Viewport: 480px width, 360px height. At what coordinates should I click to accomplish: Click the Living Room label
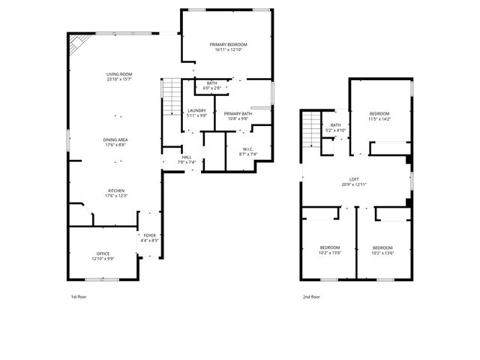118,74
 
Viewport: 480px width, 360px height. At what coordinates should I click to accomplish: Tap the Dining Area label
115,139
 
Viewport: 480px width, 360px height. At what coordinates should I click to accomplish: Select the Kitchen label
115,191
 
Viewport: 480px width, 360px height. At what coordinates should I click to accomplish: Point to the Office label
103,253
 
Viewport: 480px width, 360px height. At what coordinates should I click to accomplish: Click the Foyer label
150,235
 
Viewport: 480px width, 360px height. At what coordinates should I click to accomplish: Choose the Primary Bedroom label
228,45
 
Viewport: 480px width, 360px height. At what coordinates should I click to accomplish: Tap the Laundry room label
196,110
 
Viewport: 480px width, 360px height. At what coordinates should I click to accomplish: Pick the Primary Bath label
238,114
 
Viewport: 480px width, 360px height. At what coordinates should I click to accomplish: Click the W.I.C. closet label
247,149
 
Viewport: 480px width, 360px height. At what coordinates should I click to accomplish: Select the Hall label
187,157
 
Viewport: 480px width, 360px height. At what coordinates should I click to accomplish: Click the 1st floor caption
79,297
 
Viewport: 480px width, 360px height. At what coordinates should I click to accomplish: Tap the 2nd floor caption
310,297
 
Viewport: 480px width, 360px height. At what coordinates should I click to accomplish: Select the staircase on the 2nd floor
310,129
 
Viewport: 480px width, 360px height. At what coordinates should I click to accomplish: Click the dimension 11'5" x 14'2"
379,119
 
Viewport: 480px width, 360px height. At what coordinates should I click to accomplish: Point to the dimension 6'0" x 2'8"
212,88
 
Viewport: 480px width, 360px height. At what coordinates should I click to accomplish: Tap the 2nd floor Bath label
335,125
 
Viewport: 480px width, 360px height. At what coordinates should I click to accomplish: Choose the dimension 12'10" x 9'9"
103,259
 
